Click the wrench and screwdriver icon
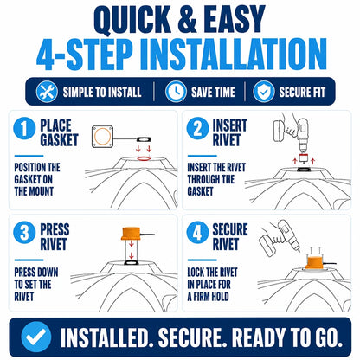coord(47,92)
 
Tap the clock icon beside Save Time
coord(176,92)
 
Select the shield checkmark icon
coord(264,92)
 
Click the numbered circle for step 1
coord(24,128)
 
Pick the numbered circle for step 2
coord(197,128)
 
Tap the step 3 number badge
coord(24,232)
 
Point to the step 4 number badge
coord(197,232)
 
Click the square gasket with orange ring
coord(102,137)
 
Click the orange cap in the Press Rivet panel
coord(132,234)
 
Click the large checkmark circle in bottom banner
coord(36,337)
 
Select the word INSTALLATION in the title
coord(234,55)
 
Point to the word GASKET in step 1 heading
coord(59,140)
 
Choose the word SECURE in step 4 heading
coord(230,229)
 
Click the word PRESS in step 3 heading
coord(55,229)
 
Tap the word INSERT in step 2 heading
coord(230,125)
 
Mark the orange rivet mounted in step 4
coord(315,261)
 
